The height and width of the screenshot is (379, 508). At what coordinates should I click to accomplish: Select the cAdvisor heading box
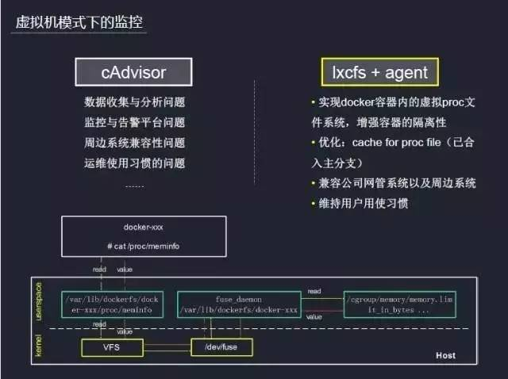133,73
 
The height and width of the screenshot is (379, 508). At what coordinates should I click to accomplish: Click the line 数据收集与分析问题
134,103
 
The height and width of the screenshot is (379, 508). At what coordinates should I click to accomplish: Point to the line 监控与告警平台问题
134,123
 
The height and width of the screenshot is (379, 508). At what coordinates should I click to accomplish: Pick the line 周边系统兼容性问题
134,143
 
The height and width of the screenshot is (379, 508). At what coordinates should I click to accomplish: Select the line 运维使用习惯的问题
134,163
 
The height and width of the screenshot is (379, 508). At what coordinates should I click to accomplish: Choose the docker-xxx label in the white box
144,227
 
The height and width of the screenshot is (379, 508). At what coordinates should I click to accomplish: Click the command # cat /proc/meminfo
144,247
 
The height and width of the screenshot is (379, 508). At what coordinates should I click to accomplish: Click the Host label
445,355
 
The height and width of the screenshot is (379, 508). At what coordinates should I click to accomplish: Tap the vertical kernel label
40,346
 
